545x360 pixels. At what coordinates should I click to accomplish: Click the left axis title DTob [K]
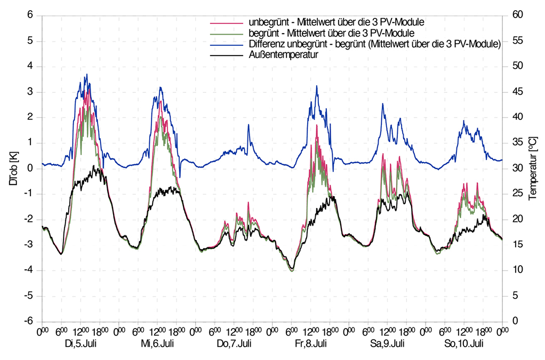pyautogui.click(x=12, y=168)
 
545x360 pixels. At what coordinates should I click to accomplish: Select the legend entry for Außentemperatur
pyautogui.click(x=283, y=54)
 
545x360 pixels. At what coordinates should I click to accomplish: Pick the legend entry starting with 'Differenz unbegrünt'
pyautogui.click(x=374, y=44)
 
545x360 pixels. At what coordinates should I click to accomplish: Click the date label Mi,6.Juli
pyautogui.click(x=157, y=343)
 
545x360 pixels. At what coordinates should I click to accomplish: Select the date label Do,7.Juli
pyautogui.click(x=234, y=343)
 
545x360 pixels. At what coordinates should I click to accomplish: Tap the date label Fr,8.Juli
pyautogui.click(x=311, y=343)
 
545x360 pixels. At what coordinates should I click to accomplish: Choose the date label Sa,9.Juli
pyautogui.click(x=388, y=343)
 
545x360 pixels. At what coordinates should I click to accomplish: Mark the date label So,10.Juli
pyautogui.click(x=464, y=343)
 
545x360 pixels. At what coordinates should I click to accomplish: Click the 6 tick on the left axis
pyautogui.click(x=30, y=16)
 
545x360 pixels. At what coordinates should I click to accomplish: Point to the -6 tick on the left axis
pyautogui.click(x=29, y=321)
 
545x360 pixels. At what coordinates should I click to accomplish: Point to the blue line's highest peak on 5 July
pyautogui.click(x=86, y=75)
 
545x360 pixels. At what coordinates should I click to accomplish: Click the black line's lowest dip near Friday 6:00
pyautogui.click(x=292, y=269)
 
